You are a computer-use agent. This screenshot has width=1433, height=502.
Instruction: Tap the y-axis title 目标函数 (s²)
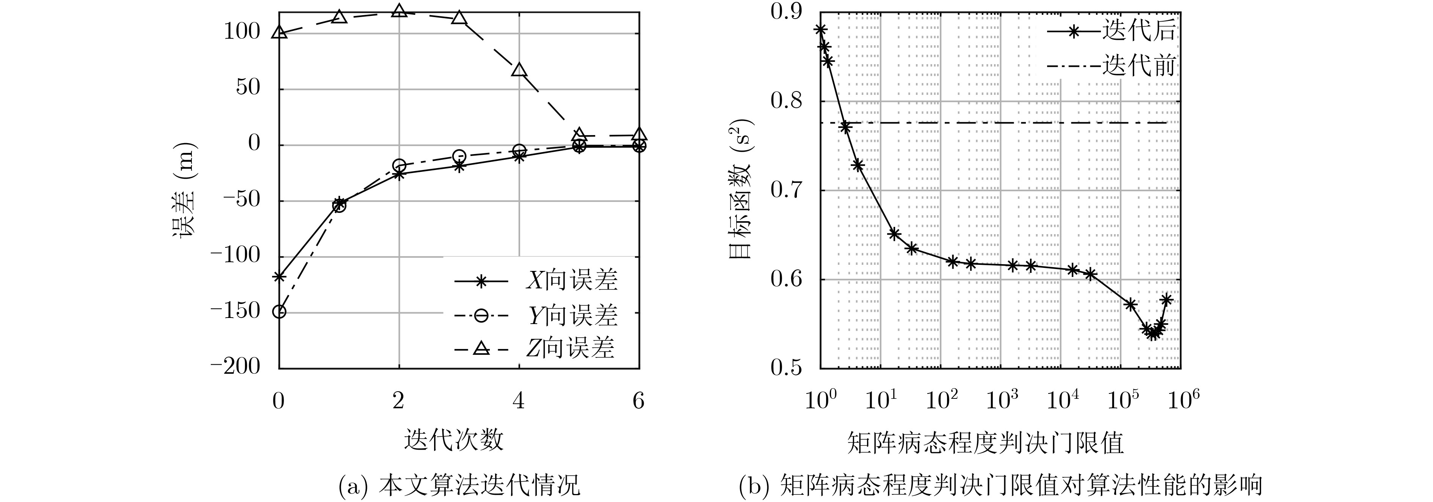point(740,190)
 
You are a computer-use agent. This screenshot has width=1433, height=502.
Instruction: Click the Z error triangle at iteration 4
point(519,69)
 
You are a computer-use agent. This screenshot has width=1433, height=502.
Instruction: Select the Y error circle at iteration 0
point(279,312)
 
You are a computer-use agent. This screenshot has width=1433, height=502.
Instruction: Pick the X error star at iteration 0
point(279,277)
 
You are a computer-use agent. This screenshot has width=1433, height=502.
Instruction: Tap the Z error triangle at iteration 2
point(399,11)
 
